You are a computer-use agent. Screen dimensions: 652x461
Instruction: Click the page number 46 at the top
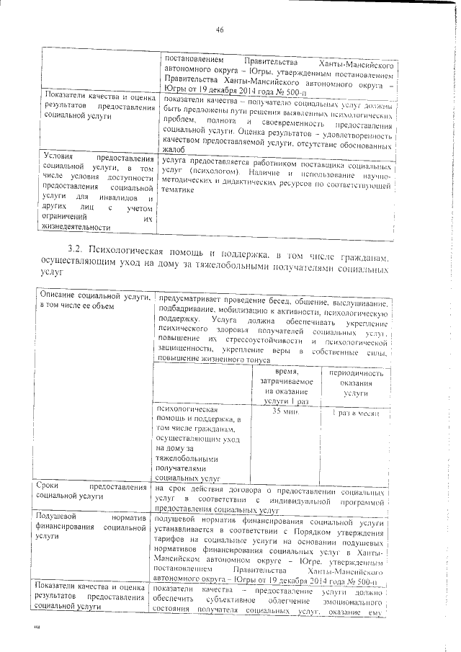tap(220, 29)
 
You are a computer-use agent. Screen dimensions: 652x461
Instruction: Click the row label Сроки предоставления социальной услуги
tap(94, 492)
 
